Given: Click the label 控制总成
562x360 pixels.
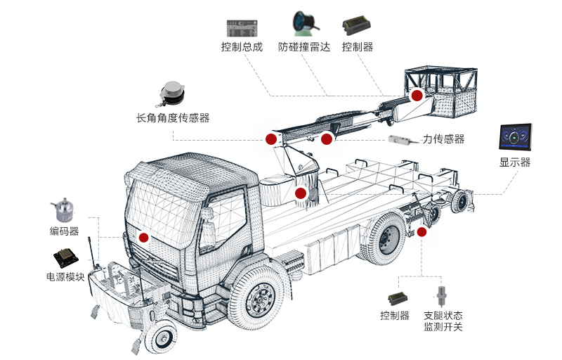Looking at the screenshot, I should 242,47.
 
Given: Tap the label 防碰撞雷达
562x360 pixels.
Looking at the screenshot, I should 303,47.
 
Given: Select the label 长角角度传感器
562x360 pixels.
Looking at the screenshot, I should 173,117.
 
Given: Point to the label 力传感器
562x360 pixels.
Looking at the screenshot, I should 443,139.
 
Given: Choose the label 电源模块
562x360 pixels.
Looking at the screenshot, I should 65,276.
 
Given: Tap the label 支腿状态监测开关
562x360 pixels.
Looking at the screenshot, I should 443,321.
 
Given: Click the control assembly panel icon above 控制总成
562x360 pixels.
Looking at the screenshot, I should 242,28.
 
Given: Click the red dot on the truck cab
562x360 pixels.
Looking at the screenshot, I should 144,238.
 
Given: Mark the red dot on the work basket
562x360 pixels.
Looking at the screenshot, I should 417,95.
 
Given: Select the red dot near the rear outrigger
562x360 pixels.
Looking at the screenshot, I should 421,231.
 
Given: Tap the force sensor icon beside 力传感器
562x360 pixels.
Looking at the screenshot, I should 400,140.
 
